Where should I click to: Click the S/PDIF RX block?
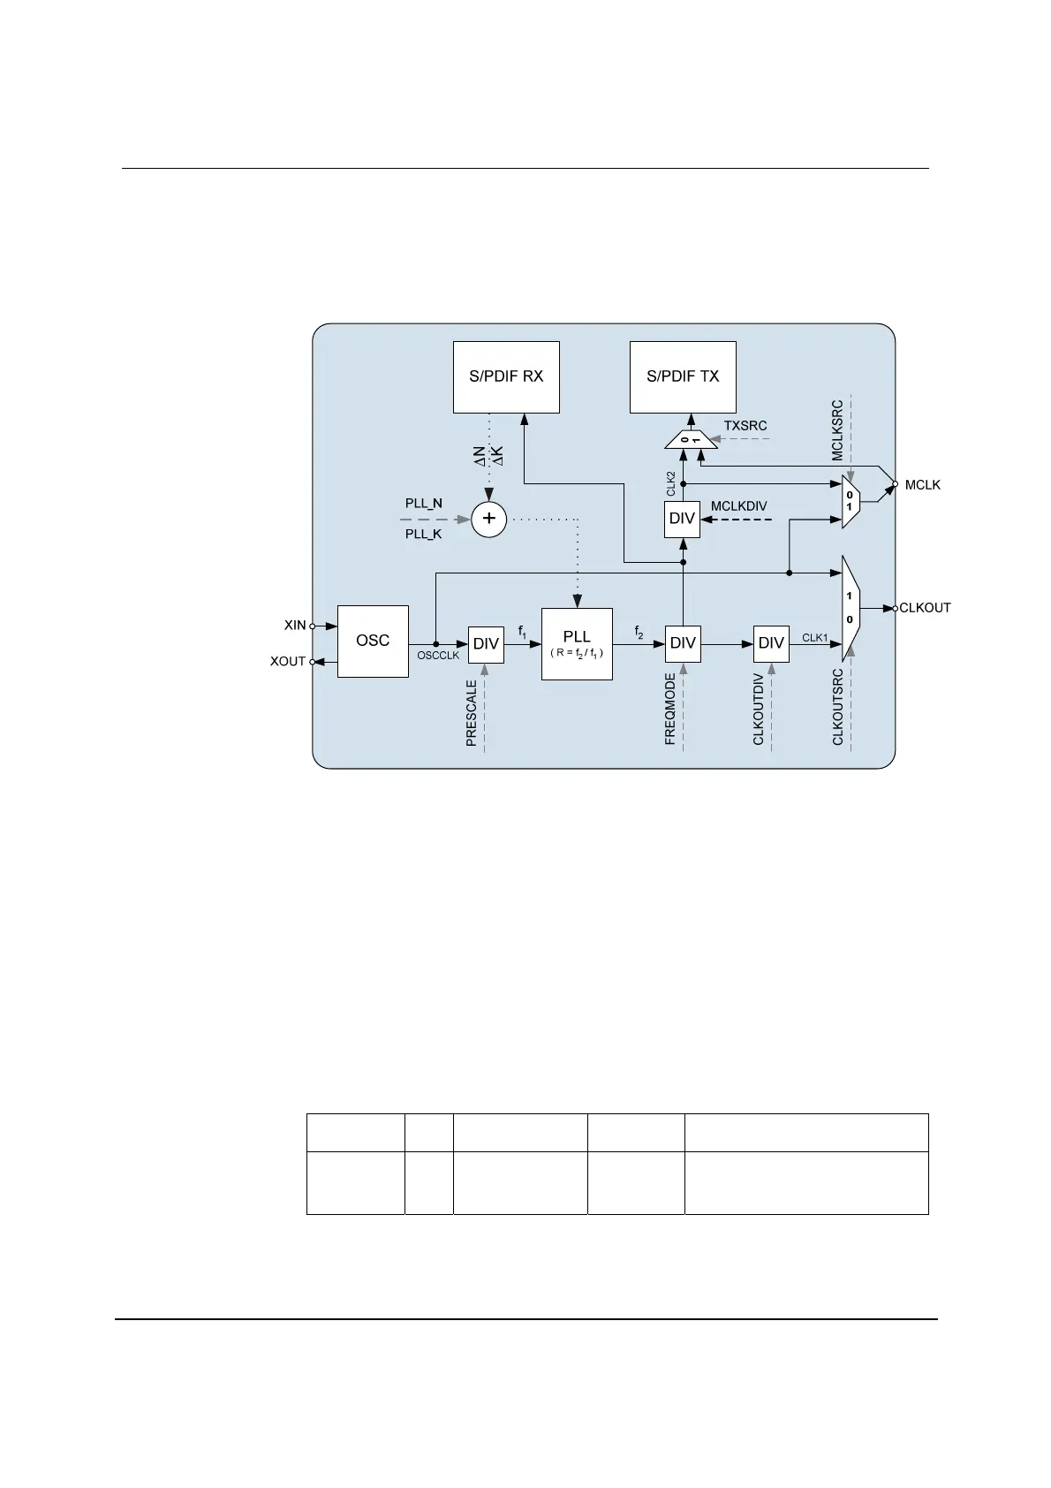point(506,377)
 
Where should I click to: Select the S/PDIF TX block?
point(683,377)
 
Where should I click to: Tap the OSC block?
point(373,642)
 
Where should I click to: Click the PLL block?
point(577,642)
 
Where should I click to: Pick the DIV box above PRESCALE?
point(486,644)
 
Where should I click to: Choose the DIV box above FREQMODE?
point(683,643)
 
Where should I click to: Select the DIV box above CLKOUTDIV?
point(771,643)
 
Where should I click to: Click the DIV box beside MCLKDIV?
point(682,519)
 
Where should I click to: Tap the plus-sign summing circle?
point(488,519)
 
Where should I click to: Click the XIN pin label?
point(295,626)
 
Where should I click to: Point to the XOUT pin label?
point(288,662)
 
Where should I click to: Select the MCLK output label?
point(923,485)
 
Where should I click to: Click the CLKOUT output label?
point(925,608)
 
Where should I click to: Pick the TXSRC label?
point(745,426)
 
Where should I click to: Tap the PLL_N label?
point(424,504)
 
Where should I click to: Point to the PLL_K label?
point(424,535)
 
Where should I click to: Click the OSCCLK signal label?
point(438,656)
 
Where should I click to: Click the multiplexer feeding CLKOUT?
point(851,608)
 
